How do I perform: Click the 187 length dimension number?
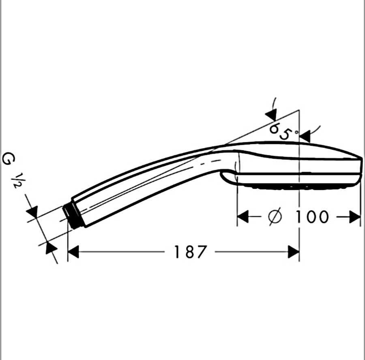(x=191, y=252)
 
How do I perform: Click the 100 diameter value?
(x=312, y=217)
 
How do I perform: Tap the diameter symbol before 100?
(x=275, y=216)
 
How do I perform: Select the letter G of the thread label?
(x=9, y=159)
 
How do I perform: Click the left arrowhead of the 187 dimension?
(x=73, y=252)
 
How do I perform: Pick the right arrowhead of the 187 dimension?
(x=293, y=252)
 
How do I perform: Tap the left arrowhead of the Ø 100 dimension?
(x=243, y=216)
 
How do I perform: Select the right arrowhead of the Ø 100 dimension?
(x=355, y=216)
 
